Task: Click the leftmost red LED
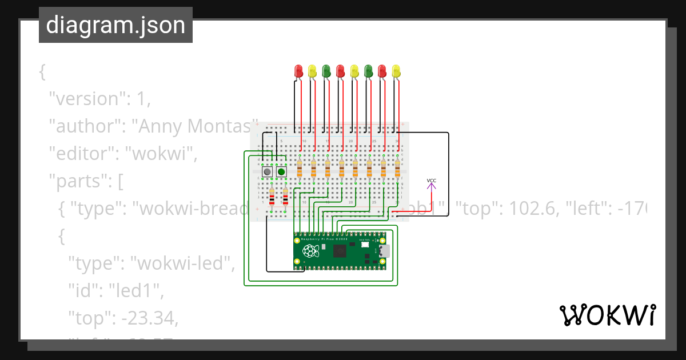[x=298, y=71]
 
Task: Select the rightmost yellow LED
[x=397, y=71]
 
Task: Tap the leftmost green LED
[x=326, y=71]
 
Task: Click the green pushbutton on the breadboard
[x=281, y=171]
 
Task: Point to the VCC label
[x=432, y=181]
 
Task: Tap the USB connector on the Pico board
[x=385, y=250]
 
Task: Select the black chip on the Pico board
[x=340, y=250]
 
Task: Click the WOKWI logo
[x=607, y=315]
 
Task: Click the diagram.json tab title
[x=115, y=25]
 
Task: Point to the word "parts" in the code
[x=78, y=181]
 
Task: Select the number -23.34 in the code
[x=149, y=318]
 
